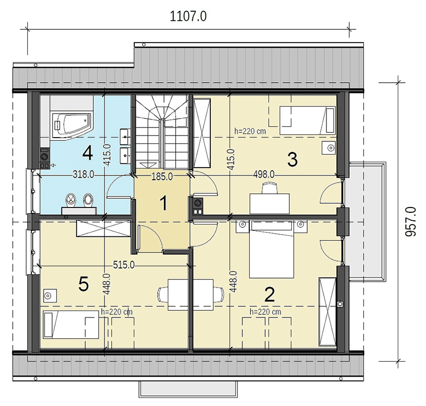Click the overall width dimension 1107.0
188,17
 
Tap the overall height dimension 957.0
410,221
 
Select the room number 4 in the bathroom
87,153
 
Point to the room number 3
292,160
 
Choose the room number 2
269,294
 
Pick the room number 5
84,284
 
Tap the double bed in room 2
272,250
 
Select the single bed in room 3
308,120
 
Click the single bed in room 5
71,324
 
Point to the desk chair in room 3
269,188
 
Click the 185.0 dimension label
162,177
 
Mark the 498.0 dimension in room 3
264,174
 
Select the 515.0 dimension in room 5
124,265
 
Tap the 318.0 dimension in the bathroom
84,174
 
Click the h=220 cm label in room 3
250,131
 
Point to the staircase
162,132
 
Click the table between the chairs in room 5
191,294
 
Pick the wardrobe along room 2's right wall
327,312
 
